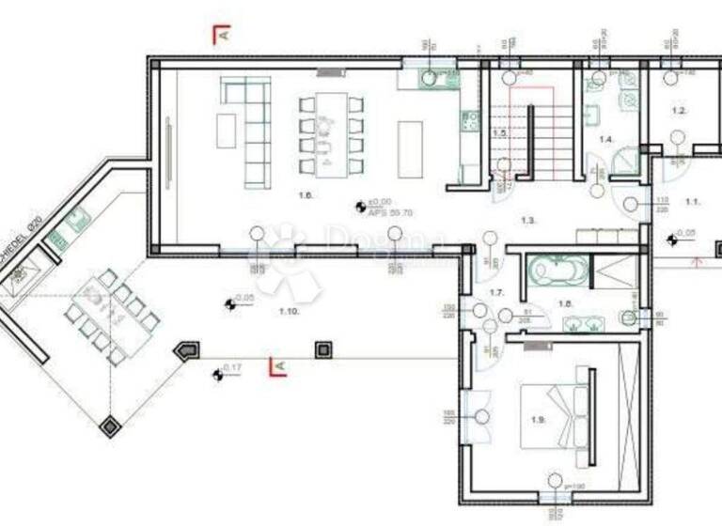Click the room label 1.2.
tap(679, 111)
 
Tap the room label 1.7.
tap(497, 293)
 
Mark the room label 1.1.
tap(693, 201)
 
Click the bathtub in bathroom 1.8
tap(558, 271)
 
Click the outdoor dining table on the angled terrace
tap(110, 316)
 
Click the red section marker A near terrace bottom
tap(276, 366)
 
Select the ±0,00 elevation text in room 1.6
tap(380, 202)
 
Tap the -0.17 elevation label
tap(232, 369)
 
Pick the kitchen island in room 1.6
tap(411, 147)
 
